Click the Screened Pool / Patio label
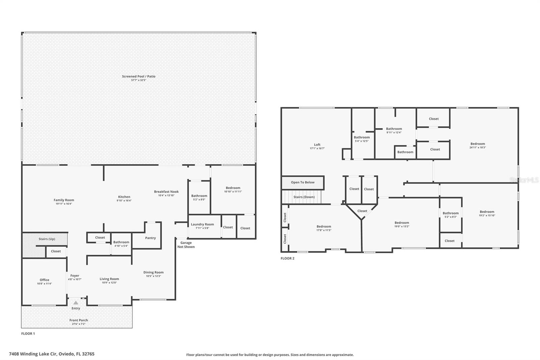tap(139, 77)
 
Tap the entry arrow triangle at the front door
tap(76, 303)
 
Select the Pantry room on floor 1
tap(150, 238)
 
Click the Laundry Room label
tap(202, 224)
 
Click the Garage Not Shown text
tap(186, 245)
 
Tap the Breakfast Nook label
tap(166, 191)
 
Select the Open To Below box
tap(302, 182)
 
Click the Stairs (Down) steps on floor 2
tap(304, 197)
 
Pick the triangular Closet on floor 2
tap(362, 211)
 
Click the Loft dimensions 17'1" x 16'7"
tap(317, 148)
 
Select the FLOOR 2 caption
tap(288, 258)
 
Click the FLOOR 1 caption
tap(28, 333)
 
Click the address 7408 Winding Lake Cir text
tap(52, 354)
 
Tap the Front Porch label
tap(79, 320)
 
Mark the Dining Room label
tap(153, 272)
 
